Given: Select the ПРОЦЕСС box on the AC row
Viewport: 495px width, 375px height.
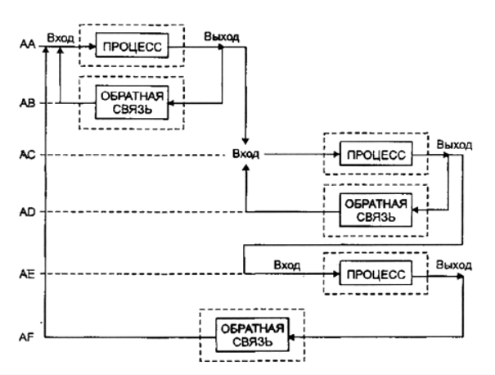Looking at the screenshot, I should point(376,155).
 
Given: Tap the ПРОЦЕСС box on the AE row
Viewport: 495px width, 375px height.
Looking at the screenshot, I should point(376,275).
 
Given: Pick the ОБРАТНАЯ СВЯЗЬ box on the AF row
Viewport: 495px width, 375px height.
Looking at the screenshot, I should point(252,335).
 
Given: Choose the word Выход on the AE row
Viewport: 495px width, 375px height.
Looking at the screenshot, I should point(454,265).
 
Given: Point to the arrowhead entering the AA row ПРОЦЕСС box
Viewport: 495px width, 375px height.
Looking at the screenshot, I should point(93,47).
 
